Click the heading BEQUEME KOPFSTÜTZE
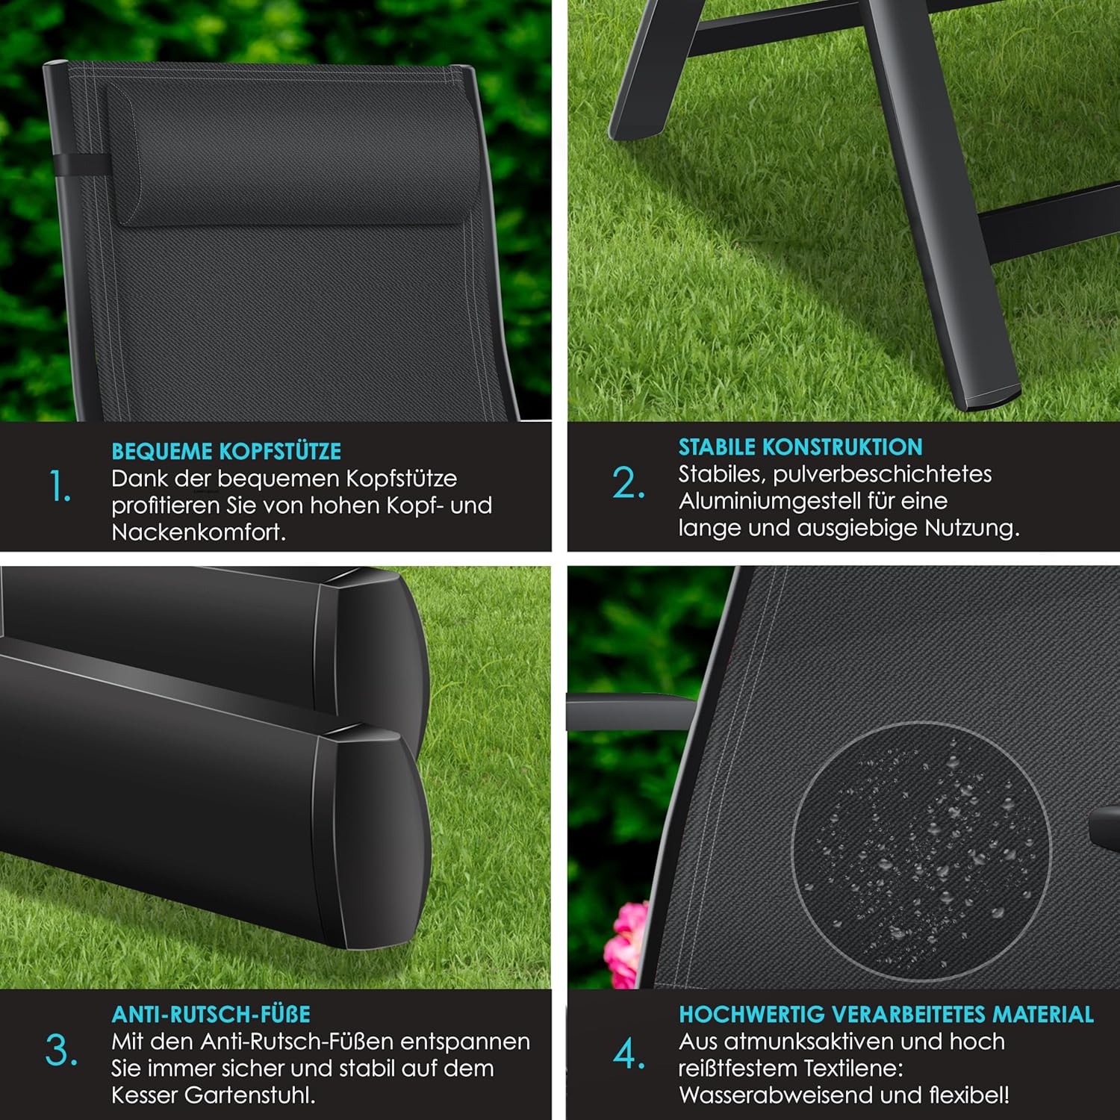(x=226, y=451)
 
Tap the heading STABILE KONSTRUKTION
(x=800, y=447)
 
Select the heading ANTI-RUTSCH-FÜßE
(x=211, y=1014)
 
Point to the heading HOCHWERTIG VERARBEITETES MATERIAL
(x=886, y=1014)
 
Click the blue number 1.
(x=60, y=487)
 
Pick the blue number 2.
(x=629, y=483)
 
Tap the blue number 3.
(x=61, y=1051)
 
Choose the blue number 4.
(x=629, y=1054)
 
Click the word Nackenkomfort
(x=199, y=532)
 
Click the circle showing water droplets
(x=921, y=851)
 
